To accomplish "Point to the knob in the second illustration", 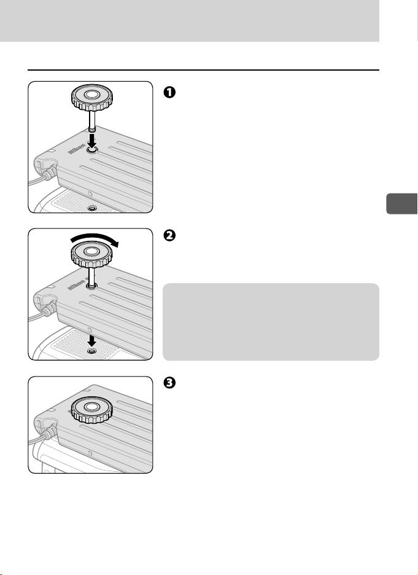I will coord(90,248).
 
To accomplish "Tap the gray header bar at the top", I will coord(189,21).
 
